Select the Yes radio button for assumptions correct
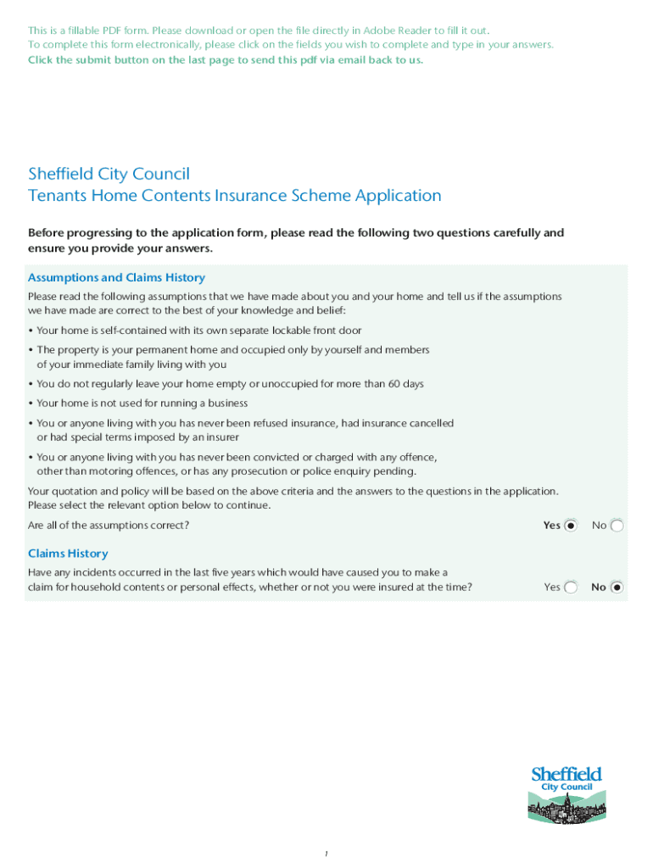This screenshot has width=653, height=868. (571, 526)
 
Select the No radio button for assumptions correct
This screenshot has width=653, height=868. (617, 526)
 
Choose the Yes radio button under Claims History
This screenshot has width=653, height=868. (571, 587)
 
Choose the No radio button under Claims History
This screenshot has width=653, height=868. (617, 587)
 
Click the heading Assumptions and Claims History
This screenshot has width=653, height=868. (116, 278)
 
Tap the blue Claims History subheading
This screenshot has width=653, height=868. (68, 554)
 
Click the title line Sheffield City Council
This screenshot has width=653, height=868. (109, 174)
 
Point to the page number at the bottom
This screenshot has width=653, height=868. (326, 854)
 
